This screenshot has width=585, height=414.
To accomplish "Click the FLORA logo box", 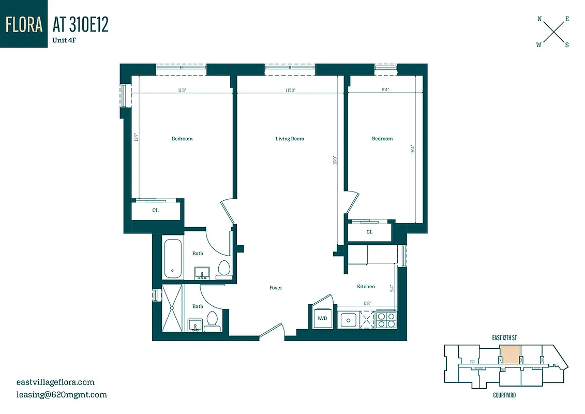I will tap(23, 24).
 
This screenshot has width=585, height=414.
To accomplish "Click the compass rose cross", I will tap(553, 32).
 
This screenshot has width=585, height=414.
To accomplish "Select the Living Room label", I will tap(290, 139).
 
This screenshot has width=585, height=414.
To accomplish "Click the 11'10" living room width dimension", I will tap(290, 90).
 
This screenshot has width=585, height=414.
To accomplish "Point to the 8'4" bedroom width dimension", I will tap(385, 90).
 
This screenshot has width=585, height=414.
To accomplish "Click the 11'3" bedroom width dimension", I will tap(182, 90).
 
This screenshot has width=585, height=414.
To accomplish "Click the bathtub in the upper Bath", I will tap(172, 258).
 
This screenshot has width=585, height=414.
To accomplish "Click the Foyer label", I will tap(276, 288).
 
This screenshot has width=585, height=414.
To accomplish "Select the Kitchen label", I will tap(366, 287).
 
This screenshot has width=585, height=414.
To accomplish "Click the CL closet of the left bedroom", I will tap(155, 211).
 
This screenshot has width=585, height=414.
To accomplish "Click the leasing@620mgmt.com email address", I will tap(62, 394).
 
